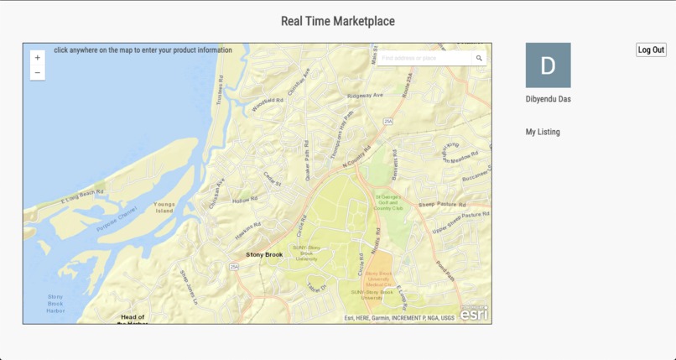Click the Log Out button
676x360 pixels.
pos(651,50)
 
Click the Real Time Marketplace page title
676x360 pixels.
pos(338,21)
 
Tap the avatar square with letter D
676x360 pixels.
pos(548,65)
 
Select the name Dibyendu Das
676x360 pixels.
pos(549,99)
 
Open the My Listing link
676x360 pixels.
pos(543,132)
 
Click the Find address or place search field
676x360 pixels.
pos(424,58)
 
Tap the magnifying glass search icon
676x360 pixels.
pos(479,58)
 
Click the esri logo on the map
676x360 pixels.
pos(474,313)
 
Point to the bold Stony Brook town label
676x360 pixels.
pos(264,254)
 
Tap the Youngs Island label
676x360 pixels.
pos(164,207)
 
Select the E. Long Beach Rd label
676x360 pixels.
pos(82,197)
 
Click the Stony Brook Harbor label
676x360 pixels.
pos(55,303)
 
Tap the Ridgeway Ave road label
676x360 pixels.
pos(365,96)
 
